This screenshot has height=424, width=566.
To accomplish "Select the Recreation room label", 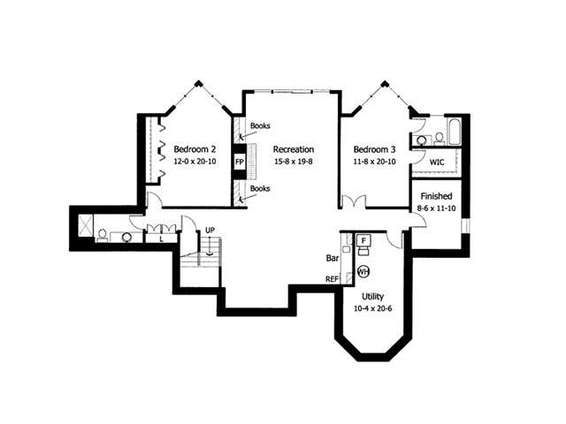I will (x=293, y=148).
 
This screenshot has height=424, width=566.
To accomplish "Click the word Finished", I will (x=437, y=196).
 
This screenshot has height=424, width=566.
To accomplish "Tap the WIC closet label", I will (x=437, y=163).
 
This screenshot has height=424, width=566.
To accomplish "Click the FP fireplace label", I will (x=239, y=163).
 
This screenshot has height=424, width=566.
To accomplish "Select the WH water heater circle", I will (x=363, y=271).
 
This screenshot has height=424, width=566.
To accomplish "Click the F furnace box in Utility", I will (x=364, y=239).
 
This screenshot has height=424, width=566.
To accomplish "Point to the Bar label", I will (x=333, y=260).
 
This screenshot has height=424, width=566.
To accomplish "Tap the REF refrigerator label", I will (x=333, y=279).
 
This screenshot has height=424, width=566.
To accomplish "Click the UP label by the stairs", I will (x=210, y=231).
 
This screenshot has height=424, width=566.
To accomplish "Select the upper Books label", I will (x=260, y=125).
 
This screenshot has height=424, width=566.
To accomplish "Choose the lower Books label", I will (x=260, y=189).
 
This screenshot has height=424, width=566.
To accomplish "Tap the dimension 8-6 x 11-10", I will (x=437, y=208).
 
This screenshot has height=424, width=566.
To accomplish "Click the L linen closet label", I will (x=161, y=238).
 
